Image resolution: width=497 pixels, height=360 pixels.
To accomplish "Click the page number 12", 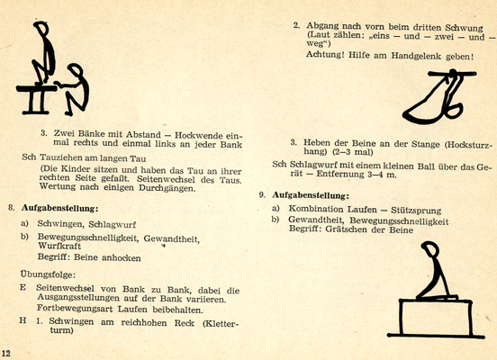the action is (x=6, y=354).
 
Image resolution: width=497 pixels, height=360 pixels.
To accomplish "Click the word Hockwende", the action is (x=199, y=135).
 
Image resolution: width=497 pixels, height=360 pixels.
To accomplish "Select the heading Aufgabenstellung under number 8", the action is (x=60, y=209).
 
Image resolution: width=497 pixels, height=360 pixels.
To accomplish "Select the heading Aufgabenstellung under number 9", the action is (x=311, y=195).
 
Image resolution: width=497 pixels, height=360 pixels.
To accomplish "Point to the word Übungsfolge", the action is (x=48, y=274).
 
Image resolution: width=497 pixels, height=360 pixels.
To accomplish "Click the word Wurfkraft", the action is (x=59, y=247).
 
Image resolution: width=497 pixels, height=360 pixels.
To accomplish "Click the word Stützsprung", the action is (x=416, y=211).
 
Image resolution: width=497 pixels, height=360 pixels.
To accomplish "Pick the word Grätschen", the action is (x=346, y=229).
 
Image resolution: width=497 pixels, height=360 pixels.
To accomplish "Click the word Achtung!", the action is (x=325, y=55).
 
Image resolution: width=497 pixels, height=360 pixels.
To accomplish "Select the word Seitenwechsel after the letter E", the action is (x=66, y=288).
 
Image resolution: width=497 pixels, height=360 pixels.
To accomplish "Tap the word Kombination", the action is (x=316, y=209).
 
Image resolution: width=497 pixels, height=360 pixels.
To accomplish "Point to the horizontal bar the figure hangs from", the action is (x=452, y=74).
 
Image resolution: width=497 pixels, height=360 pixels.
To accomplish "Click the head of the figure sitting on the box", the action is (x=430, y=248).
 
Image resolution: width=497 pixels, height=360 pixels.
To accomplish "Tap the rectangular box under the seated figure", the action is (x=436, y=317).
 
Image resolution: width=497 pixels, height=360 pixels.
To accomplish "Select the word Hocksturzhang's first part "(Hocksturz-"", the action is (x=468, y=145).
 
